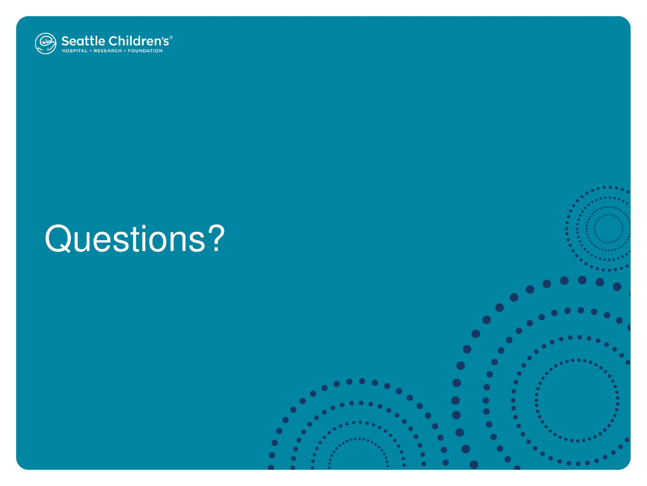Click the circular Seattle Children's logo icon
[x=46, y=43]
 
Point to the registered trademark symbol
[x=171, y=37]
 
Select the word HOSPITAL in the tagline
[x=75, y=51]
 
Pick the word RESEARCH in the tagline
[x=108, y=51]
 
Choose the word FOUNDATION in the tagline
[x=145, y=51]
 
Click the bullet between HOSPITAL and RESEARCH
[x=91, y=51]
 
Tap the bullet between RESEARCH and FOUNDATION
[x=125, y=51]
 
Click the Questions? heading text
[x=135, y=238]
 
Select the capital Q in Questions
[x=58, y=238]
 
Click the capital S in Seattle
[x=65, y=41]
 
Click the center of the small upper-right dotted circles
[x=608, y=229]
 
